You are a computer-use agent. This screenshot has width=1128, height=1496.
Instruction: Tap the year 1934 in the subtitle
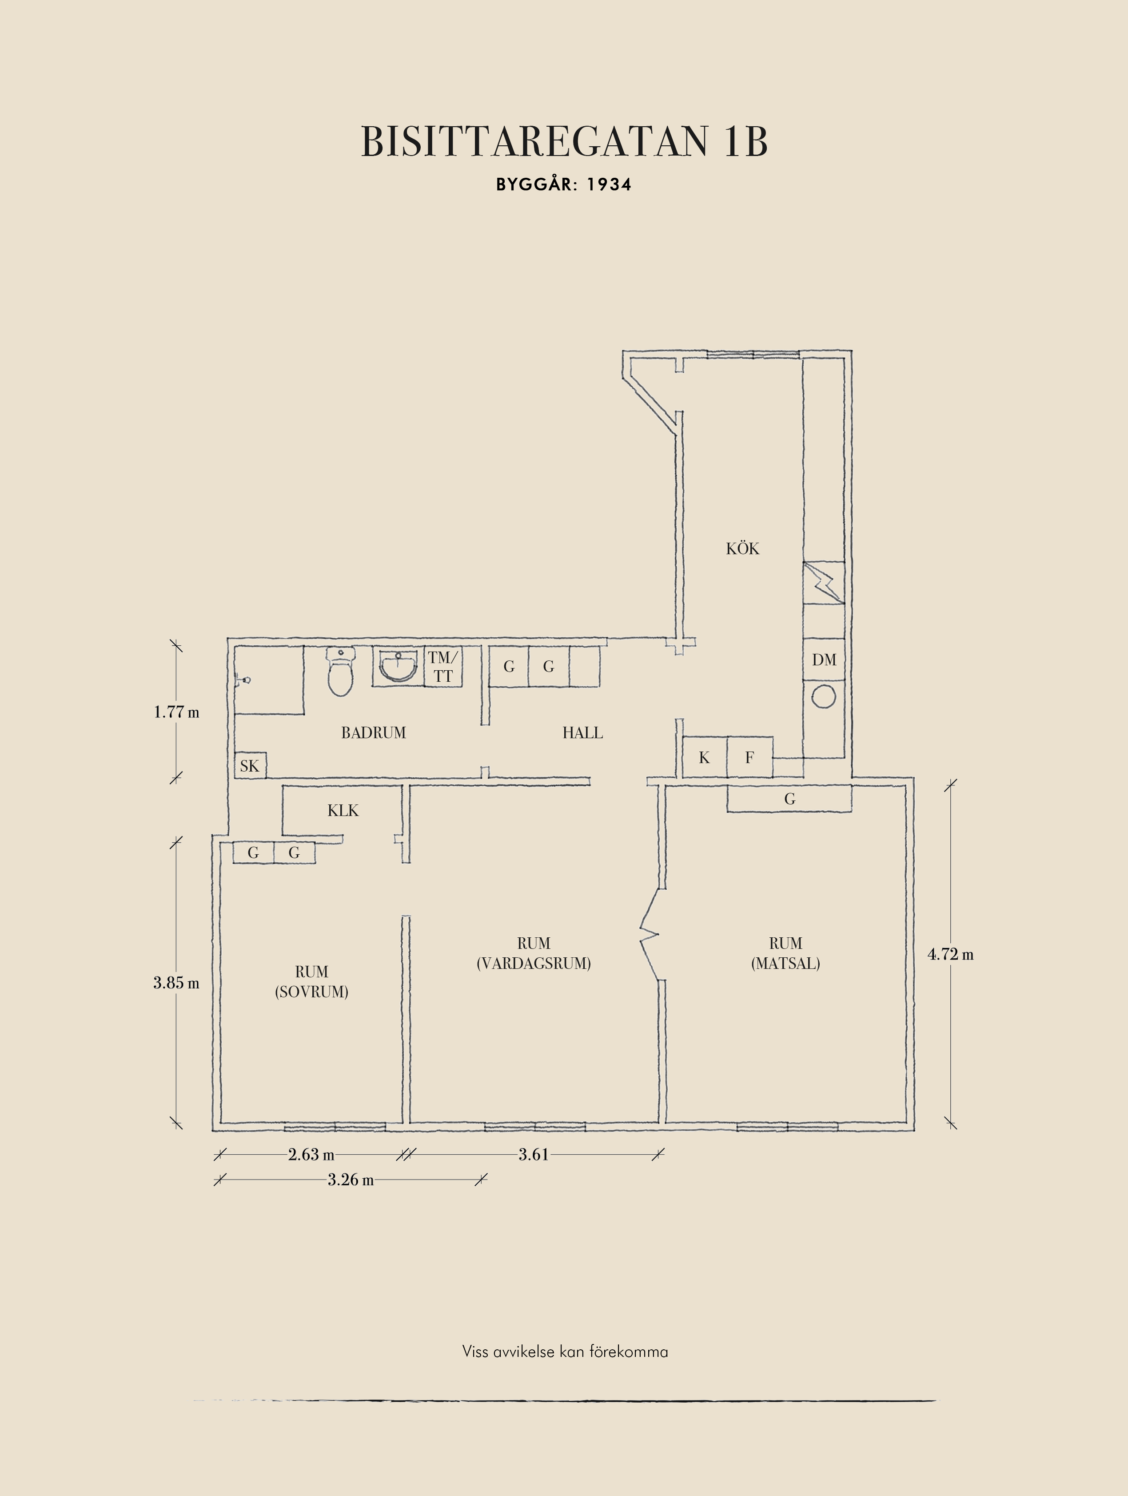point(609,184)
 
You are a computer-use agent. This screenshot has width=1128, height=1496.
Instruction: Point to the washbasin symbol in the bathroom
point(398,666)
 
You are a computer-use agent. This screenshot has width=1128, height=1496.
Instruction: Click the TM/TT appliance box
point(443,667)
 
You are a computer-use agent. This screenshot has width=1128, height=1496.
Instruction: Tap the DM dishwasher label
point(824,660)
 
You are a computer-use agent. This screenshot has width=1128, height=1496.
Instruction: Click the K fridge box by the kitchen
point(704,757)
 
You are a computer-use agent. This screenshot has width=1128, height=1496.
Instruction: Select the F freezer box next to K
point(749,757)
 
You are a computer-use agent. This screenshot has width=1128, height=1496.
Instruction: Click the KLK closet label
point(343,810)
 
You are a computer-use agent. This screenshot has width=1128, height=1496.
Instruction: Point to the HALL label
point(582,732)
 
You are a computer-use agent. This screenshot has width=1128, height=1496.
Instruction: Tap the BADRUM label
point(373,732)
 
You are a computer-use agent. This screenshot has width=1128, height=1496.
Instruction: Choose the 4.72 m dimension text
point(950,954)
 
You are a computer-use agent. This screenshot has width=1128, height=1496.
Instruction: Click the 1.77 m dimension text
point(176,712)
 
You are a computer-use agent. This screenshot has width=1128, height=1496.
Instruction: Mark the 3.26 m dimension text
point(351,1180)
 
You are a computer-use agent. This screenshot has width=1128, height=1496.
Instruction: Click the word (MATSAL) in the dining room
point(785,963)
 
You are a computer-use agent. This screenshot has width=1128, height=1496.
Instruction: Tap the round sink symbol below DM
point(824,696)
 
